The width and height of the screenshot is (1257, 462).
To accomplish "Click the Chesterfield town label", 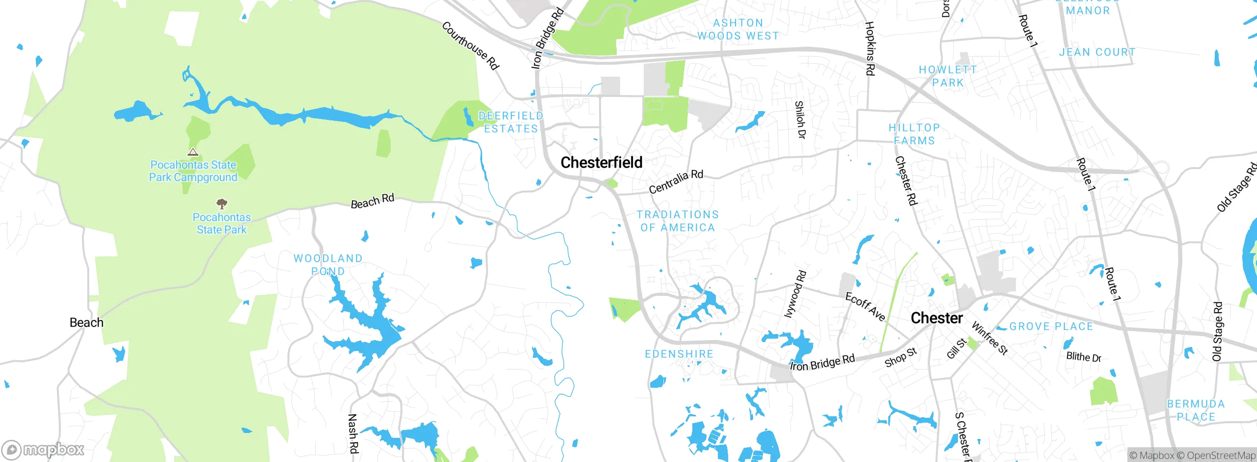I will coord(601,163).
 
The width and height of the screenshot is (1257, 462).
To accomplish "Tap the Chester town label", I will coord(936,318).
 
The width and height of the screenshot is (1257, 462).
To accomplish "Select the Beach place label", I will coord(86,322).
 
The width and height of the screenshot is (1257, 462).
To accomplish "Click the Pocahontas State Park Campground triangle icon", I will coord(193,152).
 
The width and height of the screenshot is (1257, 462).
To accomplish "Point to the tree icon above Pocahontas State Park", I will coord(222,203).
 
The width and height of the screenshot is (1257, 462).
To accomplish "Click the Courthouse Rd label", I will coord(470,46).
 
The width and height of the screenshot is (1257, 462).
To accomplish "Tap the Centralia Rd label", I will coord(676,181).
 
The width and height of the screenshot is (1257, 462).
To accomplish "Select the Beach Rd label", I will coord(372,201).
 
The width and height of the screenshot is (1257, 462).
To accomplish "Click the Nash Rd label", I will coord(353,433).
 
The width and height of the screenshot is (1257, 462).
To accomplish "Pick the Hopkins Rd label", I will coord(870,48).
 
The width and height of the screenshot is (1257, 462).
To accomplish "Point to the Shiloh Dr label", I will coord(800,119).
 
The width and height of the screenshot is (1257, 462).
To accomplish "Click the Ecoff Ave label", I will coord(865,307).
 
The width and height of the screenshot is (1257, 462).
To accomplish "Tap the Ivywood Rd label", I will coord(795,294).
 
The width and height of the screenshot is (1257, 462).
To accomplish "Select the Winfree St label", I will coord(989,338).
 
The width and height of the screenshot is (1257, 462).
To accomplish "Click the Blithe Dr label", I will coord(1083,357).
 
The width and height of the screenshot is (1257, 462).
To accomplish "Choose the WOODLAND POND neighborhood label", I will coord(328,264).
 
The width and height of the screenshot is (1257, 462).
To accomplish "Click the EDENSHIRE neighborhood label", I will coord(679,354).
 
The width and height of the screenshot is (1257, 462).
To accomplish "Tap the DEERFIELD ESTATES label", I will coord(511,122).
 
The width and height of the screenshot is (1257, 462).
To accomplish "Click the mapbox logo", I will coord(43,450).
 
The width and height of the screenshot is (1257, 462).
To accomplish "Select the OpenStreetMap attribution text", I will coord(1221,456).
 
